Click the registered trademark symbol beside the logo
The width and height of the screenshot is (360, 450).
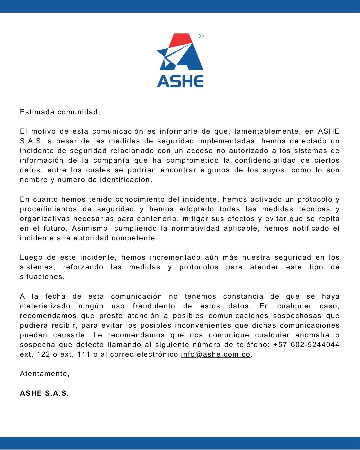point(201,36)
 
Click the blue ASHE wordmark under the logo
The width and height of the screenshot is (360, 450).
point(180,81)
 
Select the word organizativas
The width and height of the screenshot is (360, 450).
point(45,219)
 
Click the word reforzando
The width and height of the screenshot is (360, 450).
point(83,267)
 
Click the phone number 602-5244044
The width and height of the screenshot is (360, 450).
point(315,345)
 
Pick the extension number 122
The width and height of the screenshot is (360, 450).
point(43,354)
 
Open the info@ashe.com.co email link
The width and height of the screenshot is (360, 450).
point(215,354)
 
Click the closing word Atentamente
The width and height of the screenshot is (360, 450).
point(44,374)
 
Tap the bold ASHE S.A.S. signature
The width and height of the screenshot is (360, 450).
point(44,393)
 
